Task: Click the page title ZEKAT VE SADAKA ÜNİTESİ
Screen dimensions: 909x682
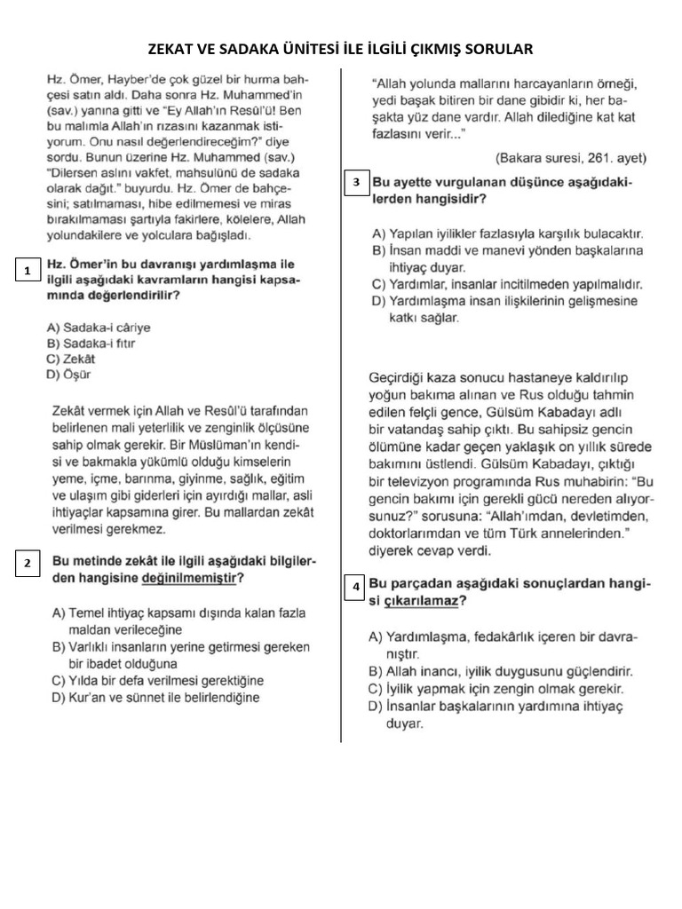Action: [x=341, y=48]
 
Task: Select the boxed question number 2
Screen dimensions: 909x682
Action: [x=28, y=563]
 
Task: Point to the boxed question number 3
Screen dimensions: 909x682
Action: [x=356, y=183]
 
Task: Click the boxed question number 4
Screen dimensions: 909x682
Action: [x=356, y=587]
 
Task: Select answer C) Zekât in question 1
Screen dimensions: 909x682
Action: [x=70, y=359]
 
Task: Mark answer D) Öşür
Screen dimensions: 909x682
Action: [x=68, y=375]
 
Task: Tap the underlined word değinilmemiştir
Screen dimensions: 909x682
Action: [x=189, y=578]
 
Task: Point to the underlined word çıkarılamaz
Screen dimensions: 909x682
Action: [x=422, y=601]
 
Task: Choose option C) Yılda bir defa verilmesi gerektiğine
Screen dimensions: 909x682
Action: [x=158, y=681]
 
